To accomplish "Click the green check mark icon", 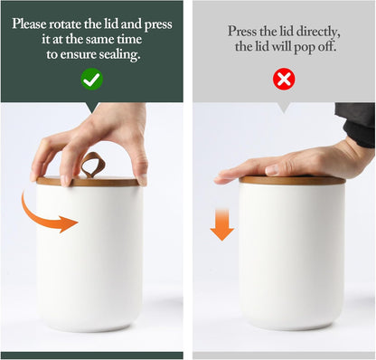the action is pyautogui.click(x=92, y=79).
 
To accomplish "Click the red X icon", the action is pyautogui.click(x=284, y=79).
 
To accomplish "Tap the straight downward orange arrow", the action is pyautogui.click(x=222, y=224).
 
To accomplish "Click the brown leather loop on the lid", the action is pyautogui.click(x=92, y=165).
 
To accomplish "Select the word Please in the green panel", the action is pyautogui.click(x=29, y=24).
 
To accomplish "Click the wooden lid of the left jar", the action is pyautogui.click(x=88, y=182).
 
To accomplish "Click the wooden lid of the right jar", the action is pyautogui.click(x=292, y=180).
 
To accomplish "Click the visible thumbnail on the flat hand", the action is pyautogui.click(x=272, y=170).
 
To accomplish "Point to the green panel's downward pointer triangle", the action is pyautogui.click(x=92, y=108).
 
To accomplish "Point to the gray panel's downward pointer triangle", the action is pyautogui.click(x=284, y=108).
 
